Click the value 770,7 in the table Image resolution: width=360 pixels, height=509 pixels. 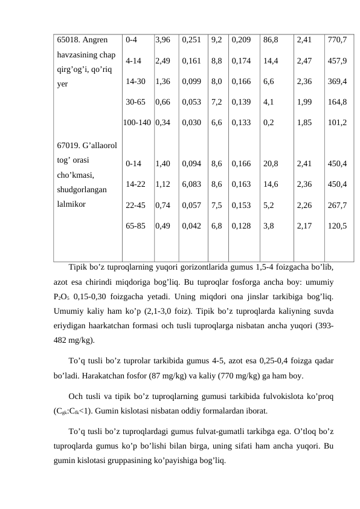pos(336,41)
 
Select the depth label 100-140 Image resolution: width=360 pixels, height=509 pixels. pos(137,122)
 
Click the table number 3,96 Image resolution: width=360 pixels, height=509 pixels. pos(162,41)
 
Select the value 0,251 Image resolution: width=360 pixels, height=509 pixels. pos(191,41)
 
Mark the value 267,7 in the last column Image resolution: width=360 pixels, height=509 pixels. pos(336,205)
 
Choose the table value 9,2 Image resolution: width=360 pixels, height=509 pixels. pos(216,41)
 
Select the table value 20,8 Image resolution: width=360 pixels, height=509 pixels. pos(271,163)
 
